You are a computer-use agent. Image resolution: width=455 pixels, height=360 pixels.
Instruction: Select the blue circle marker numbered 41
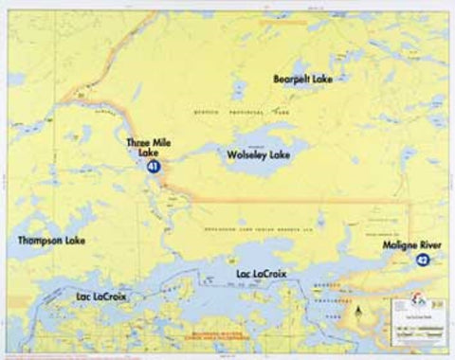[153, 167]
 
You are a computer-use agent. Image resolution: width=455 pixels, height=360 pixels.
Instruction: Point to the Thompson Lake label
[51, 242]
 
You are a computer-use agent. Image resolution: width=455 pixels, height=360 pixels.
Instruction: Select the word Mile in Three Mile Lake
[159, 143]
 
